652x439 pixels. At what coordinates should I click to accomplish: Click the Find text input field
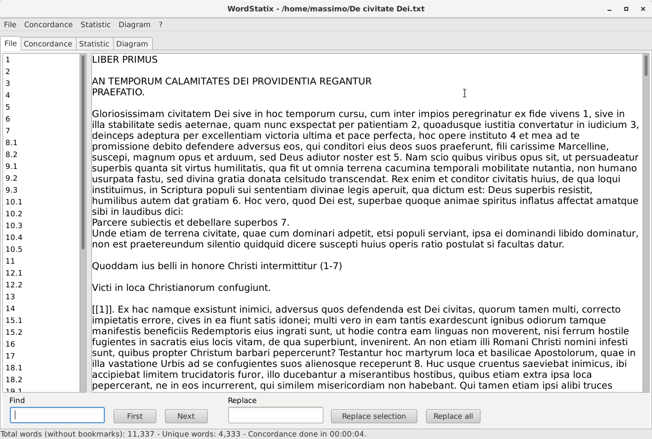pyautogui.click(x=57, y=415)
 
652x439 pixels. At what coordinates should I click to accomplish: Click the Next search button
pyautogui.click(x=186, y=416)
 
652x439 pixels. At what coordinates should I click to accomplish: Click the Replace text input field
pyautogui.click(x=275, y=415)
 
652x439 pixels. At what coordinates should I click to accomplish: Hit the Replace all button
pyautogui.click(x=453, y=416)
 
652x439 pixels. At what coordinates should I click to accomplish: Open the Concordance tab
pyautogui.click(x=48, y=44)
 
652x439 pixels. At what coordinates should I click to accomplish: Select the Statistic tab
pyautogui.click(x=94, y=44)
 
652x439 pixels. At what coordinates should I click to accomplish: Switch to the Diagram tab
pyautogui.click(x=132, y=44)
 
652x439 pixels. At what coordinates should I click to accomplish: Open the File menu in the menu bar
pyautogui.click(x=10, y=25)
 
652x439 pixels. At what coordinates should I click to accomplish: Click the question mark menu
pyautogui.click(x=161, y=25)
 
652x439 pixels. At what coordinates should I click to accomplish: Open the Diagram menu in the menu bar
pyautogui.click(x=134, y=25)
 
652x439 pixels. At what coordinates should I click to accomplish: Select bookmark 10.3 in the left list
pyautogui.click(x=14, y=226)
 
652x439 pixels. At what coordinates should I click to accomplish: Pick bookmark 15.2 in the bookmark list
pyautogui.click(x=14, y=332)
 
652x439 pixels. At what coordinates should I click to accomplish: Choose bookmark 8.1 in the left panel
pyautogui.click(x=11, y=143)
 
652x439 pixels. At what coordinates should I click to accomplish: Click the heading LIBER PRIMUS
pyautogui.click(x=125, y=60)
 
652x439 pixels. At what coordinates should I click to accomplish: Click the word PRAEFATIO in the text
pyautogui.click(x=118, y=92)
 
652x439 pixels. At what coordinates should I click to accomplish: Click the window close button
pyautogui.click(x=643, y=9)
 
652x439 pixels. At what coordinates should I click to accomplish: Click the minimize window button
pyautogui.click(x=609, y=9)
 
